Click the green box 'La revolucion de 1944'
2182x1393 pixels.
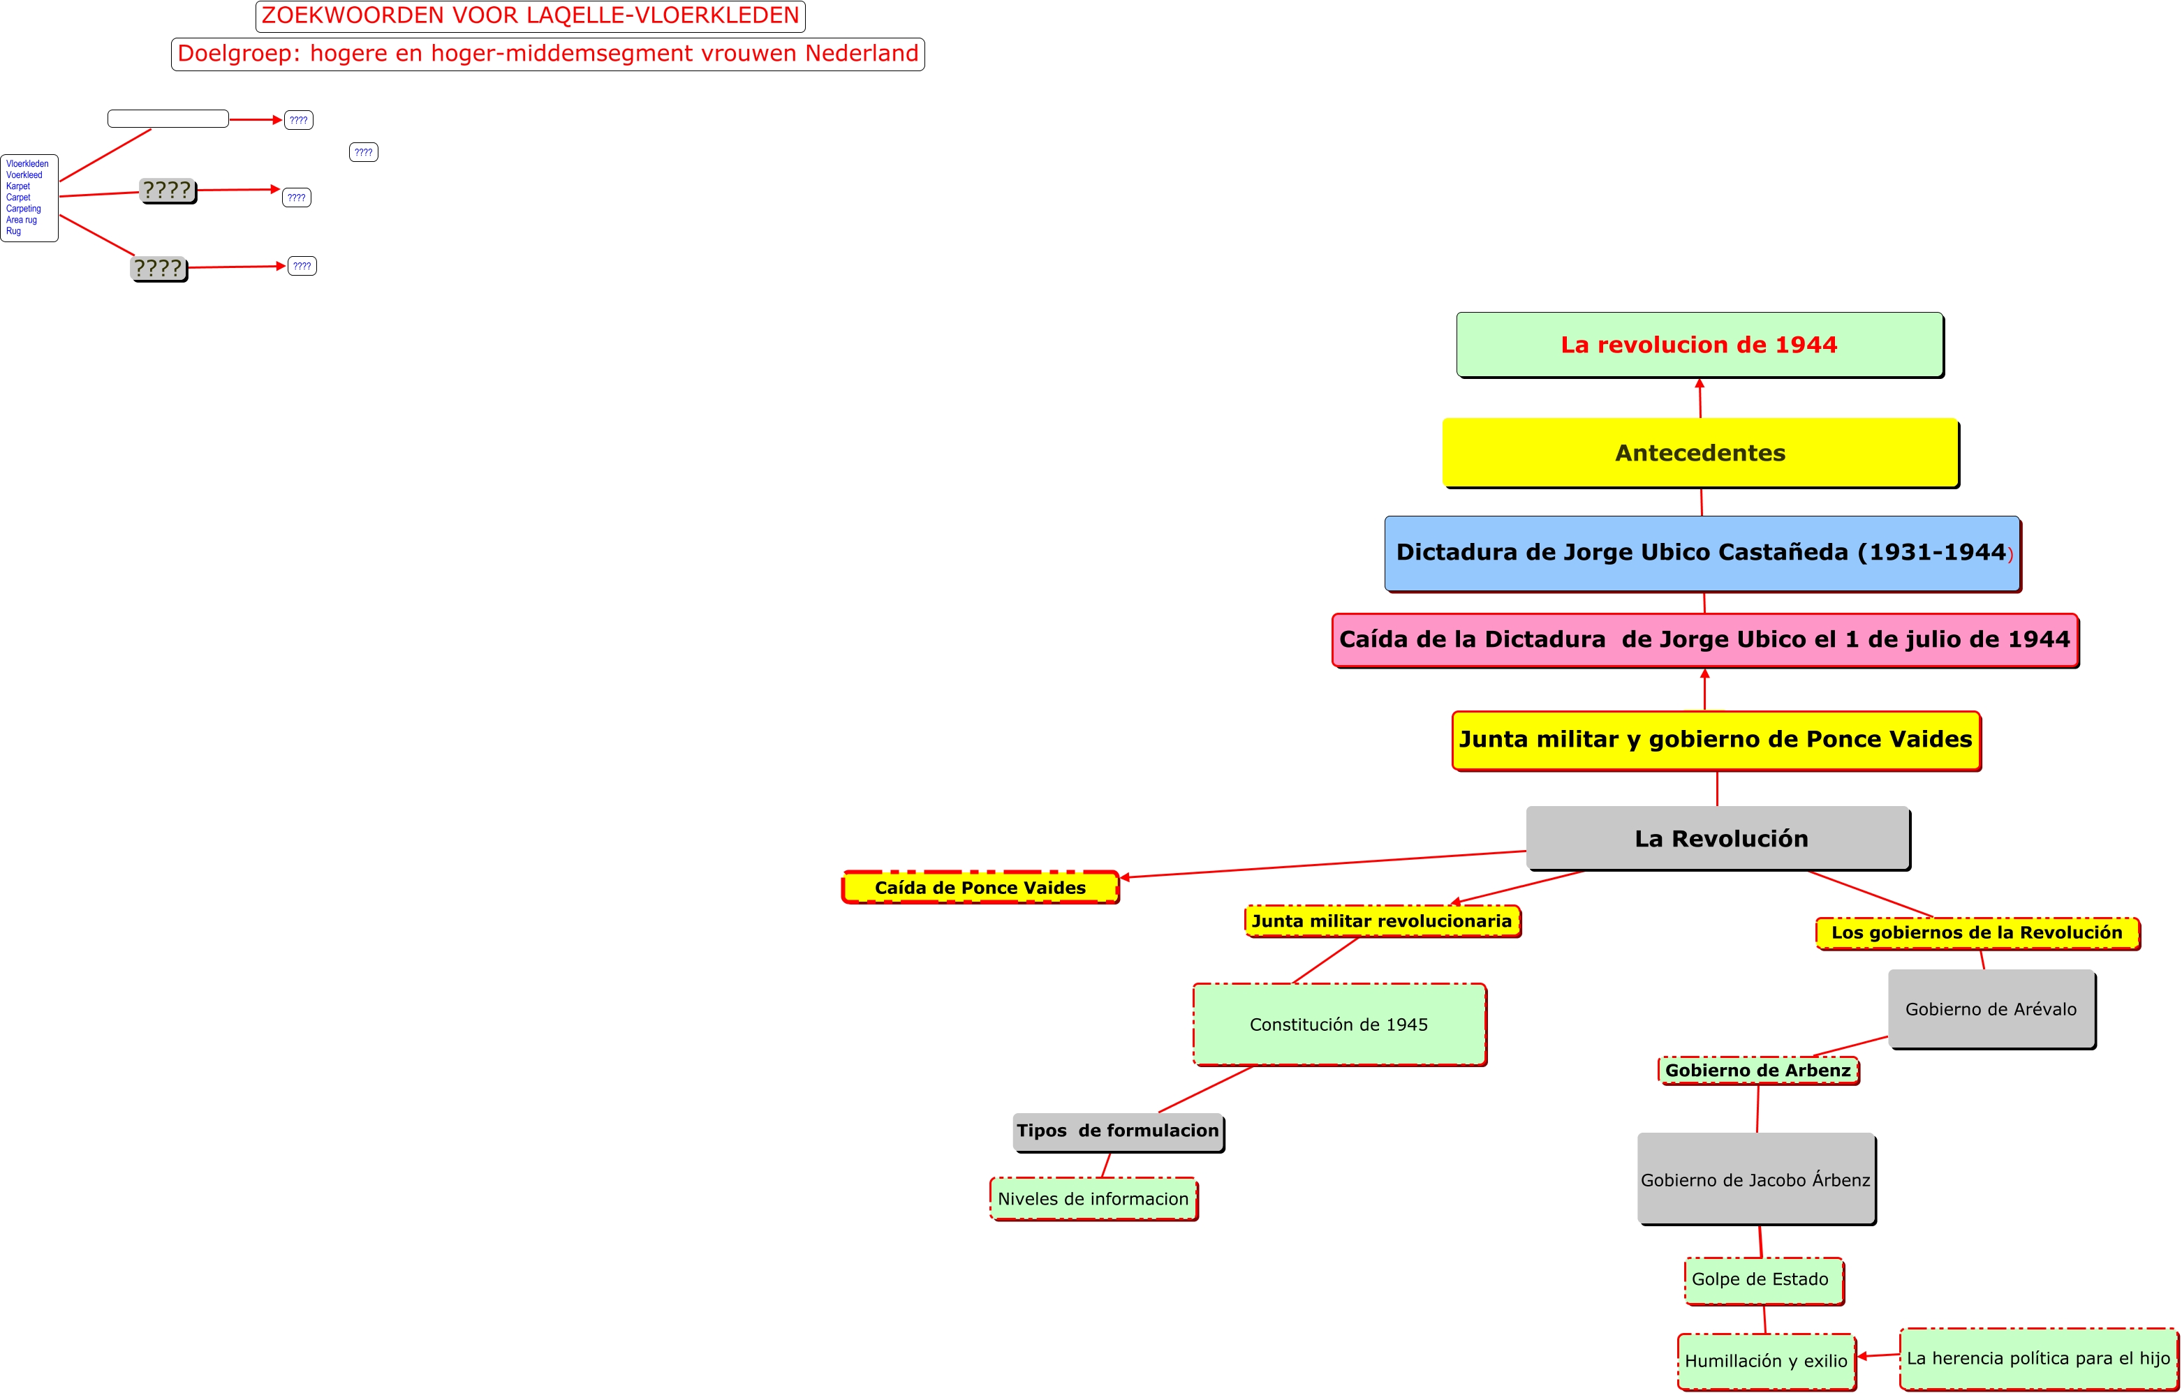tap(1699, 344)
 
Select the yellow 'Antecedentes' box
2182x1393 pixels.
tap(1700, 453)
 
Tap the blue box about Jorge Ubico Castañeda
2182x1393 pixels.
tap(1702, 553)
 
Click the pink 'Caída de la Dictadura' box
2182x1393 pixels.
tap(1704, 639)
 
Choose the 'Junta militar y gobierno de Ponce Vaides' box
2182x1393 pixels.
tap(1716, 740)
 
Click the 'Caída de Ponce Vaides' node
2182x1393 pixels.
tap(980, 888)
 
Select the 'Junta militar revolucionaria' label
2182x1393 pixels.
tap(1382, 921)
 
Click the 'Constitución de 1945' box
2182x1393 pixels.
tap(1339, 1025)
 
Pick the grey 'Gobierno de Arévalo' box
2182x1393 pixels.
tap(1991, 1009)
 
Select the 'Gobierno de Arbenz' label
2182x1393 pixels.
tap(1758, 1071)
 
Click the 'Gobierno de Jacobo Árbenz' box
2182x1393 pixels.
tap(1755, 1179)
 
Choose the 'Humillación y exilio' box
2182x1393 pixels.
tap(1765, 1360)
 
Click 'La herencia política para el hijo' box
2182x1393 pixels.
tap(2038, 1357)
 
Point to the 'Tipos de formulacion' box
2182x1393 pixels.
tap(1117, 1131)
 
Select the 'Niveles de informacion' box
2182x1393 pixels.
tap(1093, 1199)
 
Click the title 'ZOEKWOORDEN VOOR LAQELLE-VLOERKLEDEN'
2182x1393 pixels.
tap(530, 16)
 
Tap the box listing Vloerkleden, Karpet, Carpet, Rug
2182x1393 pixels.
tap(29, 198)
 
